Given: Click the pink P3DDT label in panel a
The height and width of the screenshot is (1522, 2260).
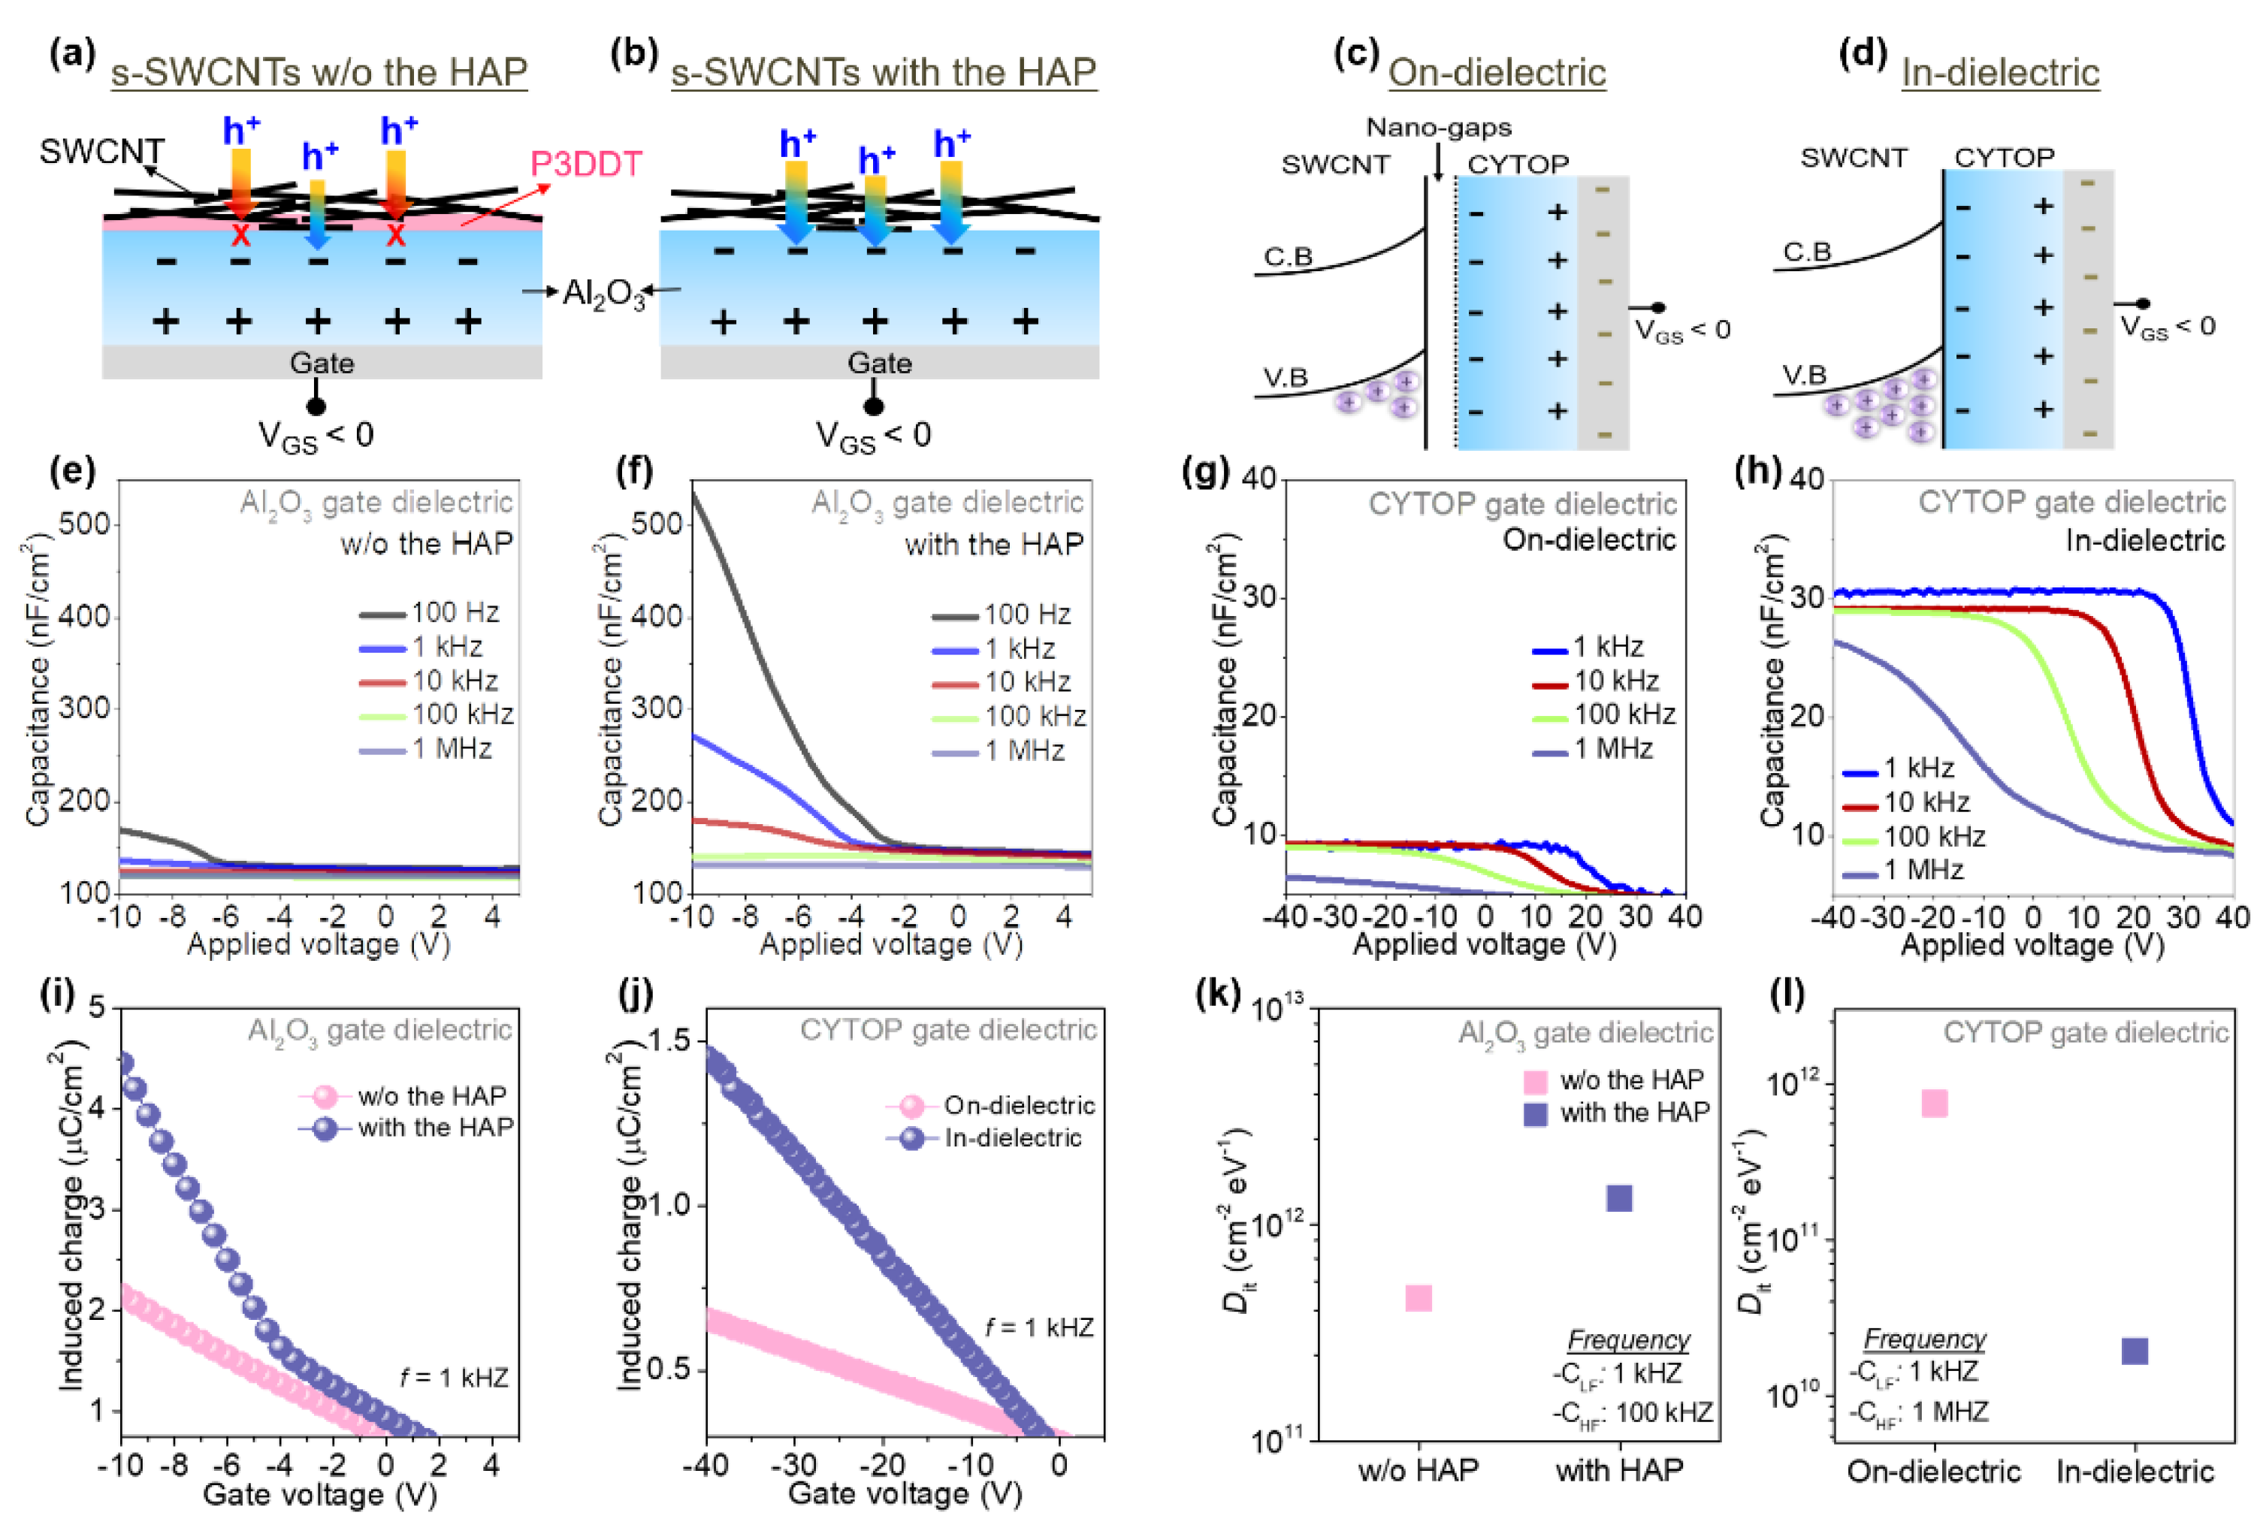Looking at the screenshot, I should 585,164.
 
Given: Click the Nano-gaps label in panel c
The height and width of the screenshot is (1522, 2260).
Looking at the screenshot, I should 1438,127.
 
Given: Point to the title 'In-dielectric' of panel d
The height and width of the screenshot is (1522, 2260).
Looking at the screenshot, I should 2000,73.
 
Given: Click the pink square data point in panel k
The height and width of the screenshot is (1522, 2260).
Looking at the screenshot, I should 1419,1298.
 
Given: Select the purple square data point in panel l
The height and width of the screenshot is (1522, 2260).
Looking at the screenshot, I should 2134,1350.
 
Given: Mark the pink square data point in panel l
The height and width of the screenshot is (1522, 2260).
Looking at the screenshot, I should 1934,1104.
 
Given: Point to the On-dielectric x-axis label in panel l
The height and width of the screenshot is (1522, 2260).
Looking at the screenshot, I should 1933,1472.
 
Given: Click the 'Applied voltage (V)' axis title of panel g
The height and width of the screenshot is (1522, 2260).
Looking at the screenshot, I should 1483,944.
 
